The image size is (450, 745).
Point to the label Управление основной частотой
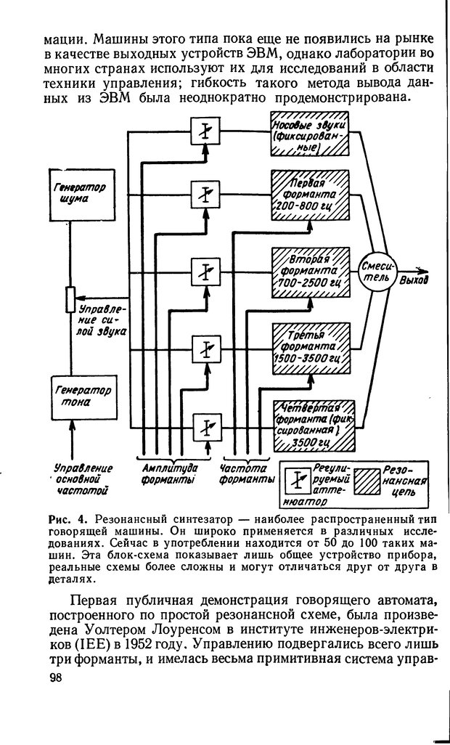pyautogui.click(x=81, y=479)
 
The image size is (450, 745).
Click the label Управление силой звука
pyautogui.click(x=102, y=319)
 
